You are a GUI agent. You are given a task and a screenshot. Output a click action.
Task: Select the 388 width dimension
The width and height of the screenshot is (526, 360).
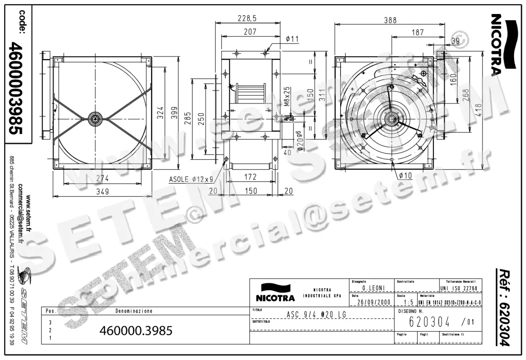point(390,20)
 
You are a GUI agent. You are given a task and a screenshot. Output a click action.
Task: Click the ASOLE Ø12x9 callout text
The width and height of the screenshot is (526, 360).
point(191,179)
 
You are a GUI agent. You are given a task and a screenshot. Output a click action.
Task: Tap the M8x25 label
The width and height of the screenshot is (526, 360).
point(287,96)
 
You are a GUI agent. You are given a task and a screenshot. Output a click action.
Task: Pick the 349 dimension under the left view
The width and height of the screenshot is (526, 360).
point(103,191)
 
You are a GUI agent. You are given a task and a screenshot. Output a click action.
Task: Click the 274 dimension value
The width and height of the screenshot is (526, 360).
point(103,179)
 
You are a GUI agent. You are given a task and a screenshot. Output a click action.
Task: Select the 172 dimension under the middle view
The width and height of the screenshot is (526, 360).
point(250,177)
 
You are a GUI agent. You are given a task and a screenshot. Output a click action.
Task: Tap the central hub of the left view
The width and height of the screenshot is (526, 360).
point(95,117)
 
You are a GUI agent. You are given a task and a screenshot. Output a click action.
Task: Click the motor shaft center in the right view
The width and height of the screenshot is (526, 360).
point(390,119)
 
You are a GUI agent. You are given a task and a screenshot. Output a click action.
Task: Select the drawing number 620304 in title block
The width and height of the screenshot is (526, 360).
point(429,322)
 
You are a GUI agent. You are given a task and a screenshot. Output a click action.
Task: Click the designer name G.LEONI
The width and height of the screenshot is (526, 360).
point(373,288)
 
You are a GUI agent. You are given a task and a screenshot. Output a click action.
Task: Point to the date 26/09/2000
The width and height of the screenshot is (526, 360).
point(373,302)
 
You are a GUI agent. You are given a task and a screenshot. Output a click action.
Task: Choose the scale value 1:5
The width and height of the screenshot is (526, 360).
point(408,302)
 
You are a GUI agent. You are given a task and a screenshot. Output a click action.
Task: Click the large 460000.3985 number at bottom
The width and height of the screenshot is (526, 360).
point(136,330)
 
